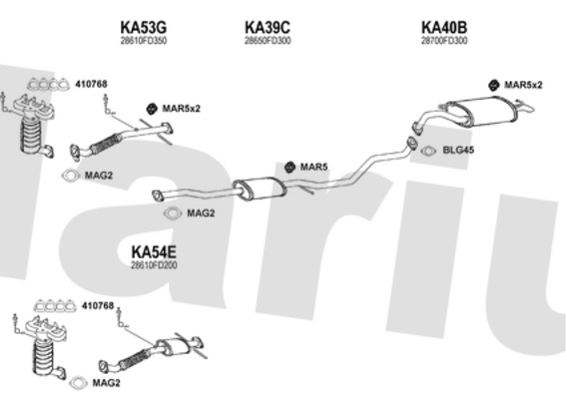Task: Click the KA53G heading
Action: (x=143, y=27)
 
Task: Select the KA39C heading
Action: (x=268, y=27)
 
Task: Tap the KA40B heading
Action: (x=444, y=27)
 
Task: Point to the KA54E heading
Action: (x=154, y=252)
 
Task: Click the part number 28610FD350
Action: (x=144, y=41)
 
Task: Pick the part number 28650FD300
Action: (x=268, y=41)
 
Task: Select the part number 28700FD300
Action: (x=444, y=41)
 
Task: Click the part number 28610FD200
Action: (x=154, y=265)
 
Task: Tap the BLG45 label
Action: (x=458, y=150)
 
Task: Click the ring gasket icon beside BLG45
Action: (x=428, y=151)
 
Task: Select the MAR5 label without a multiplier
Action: (x=313, y=167)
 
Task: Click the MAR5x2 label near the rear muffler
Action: (x=523, y=85)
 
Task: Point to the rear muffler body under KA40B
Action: (x=484, y=111)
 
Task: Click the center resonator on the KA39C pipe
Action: (x=259, y=188)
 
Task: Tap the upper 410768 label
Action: (x=91, y=84)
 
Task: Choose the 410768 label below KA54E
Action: (x=98, y=306)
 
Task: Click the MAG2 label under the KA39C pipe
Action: (x=201, y=212)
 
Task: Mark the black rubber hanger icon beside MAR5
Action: (x=288, y=167)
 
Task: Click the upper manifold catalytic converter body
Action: (x=32, y=135)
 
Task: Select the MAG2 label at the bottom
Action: (x=106, y=383)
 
